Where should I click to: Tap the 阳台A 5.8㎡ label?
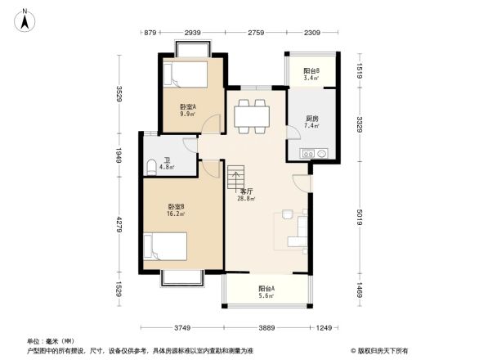266,292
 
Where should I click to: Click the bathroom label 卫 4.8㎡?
167,164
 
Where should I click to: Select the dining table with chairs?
252,115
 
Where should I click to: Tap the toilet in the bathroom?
150,168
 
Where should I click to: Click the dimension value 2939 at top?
193,33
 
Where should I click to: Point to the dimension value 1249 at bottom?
325,328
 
